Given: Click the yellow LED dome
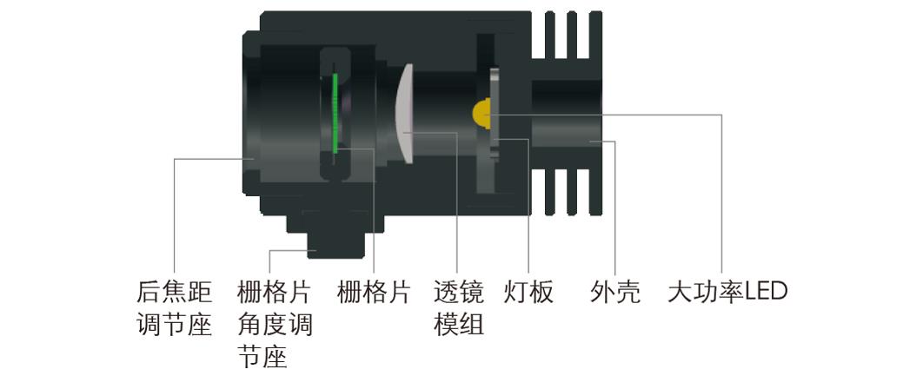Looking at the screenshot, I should click(481, 112).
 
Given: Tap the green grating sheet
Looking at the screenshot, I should click(335, 113).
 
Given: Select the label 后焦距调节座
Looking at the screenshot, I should click(175, 308).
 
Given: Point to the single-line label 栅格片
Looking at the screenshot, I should click(373, 292).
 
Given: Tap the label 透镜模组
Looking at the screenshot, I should click(458, 308).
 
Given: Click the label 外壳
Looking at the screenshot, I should click(614, 292).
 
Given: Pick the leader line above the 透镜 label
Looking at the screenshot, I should click(457, 217).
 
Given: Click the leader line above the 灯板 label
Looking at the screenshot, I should click(528, 217).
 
